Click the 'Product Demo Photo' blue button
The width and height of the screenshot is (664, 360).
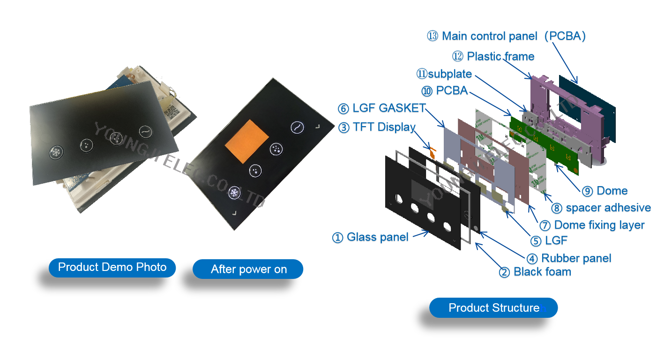click(x=112, y=268)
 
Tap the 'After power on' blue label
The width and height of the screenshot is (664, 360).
click(x=248, y=269)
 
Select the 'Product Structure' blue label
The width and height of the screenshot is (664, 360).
click(x=493, y=308)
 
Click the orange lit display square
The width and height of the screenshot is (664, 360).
click(x=246, y=142)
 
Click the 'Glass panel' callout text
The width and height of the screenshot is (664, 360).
click(x=377, y=238)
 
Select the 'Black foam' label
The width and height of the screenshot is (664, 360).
click(x=542, y=272)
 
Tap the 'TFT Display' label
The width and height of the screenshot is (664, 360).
click(x=396, y=127)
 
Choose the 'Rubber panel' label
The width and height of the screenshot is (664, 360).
click(x=576, y=258)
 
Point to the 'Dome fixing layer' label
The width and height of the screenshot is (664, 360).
click(x=598, y=225)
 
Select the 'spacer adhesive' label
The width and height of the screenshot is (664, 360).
click(x=608, y=208)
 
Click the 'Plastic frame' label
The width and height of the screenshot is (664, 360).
click(x=500, y=57)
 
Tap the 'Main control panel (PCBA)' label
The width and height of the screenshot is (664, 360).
click(x=513, y=37)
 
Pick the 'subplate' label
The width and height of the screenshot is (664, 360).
click(x=449, y=74)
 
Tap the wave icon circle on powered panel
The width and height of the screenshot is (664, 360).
click(x=297, y=127)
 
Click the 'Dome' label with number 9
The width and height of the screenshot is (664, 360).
click(x=611, y=191)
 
